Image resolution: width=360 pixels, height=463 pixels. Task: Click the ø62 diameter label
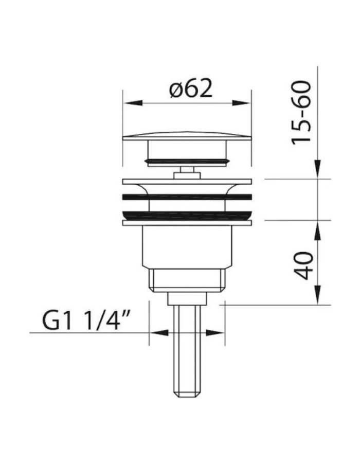click(190, 90)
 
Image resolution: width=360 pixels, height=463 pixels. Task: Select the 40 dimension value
click(304, 265)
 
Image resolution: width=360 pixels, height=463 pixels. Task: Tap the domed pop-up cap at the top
click(187, 136)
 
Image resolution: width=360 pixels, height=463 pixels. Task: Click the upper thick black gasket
click(187, 197)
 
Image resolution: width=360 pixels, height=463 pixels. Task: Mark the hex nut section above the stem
click(187, 280)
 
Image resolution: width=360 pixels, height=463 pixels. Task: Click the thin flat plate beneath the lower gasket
click(187, 223)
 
